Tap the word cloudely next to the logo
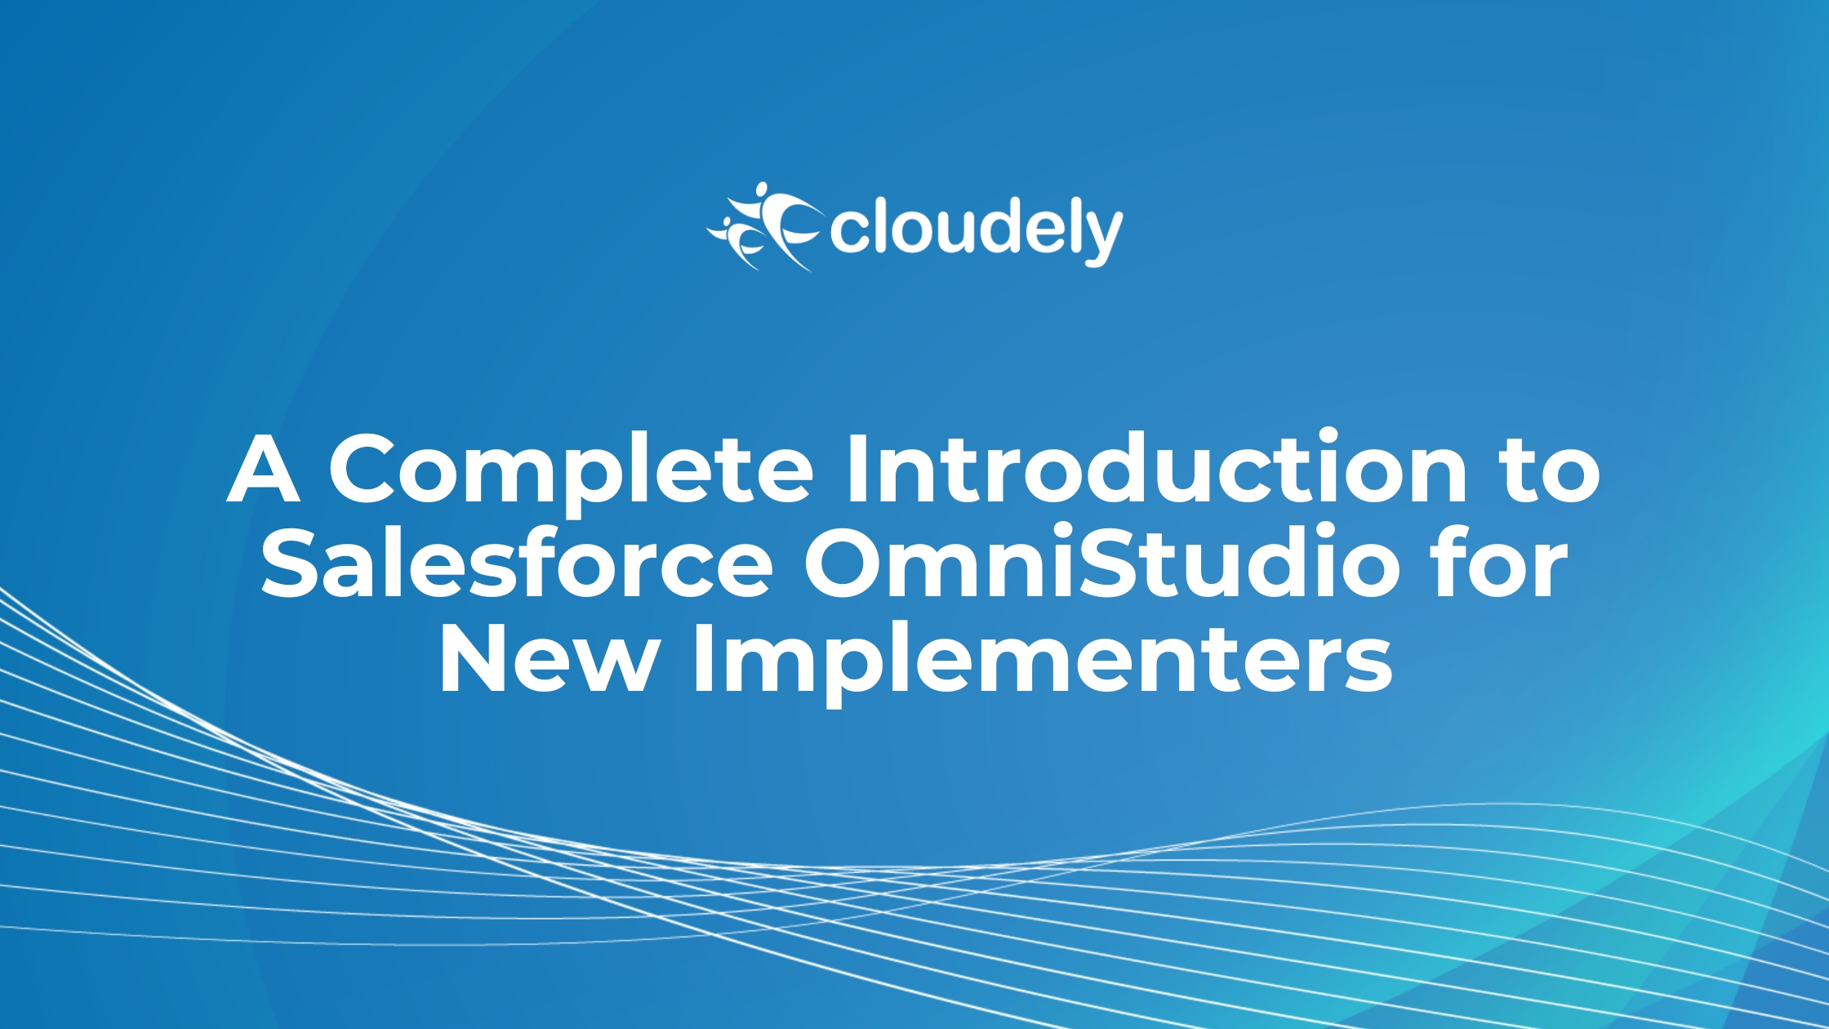point(977,231)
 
